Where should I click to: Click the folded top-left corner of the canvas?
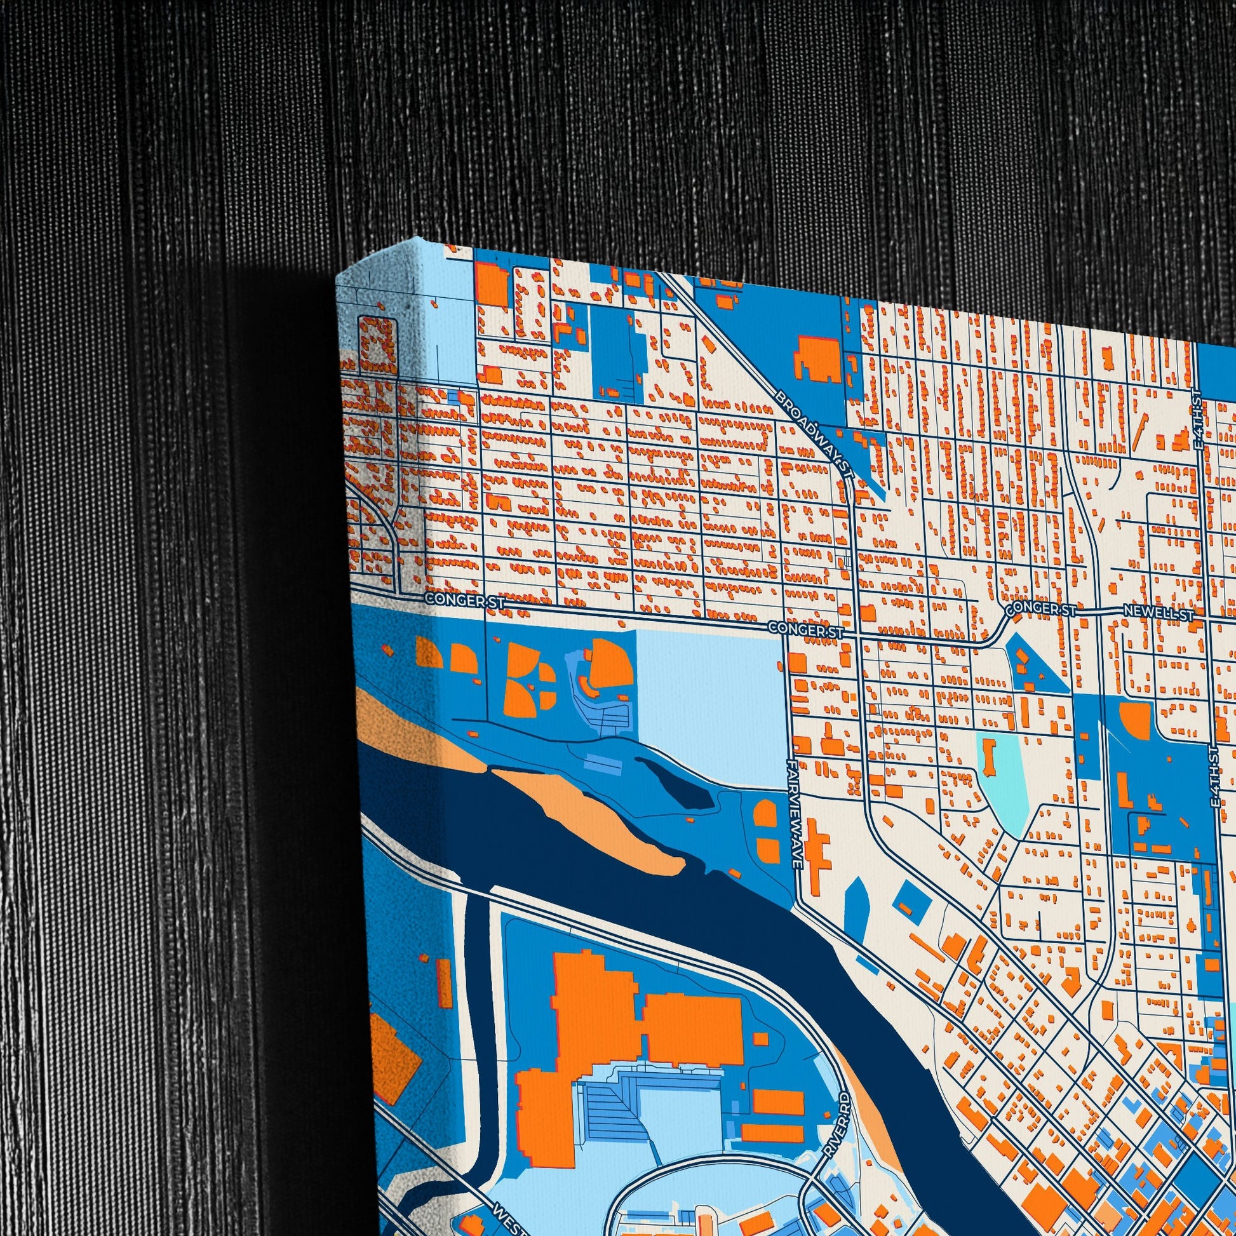tap(358, 269)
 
